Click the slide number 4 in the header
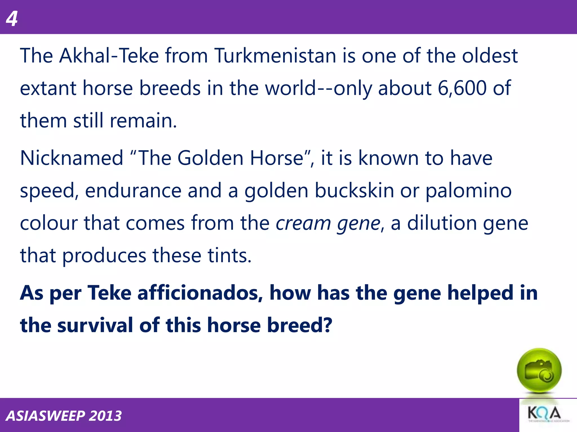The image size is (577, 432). point(12,19)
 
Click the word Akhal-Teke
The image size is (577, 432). point(109,56)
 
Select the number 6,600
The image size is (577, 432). point(462,88)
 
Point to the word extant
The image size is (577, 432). point(48,88)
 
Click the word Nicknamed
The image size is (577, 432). point(72,158)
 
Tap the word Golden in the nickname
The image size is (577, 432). point(210,158)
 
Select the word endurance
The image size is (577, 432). point(133,191)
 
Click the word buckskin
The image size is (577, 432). point(354,191)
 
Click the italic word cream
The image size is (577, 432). point(303,223)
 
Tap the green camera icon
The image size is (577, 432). point(539,371)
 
